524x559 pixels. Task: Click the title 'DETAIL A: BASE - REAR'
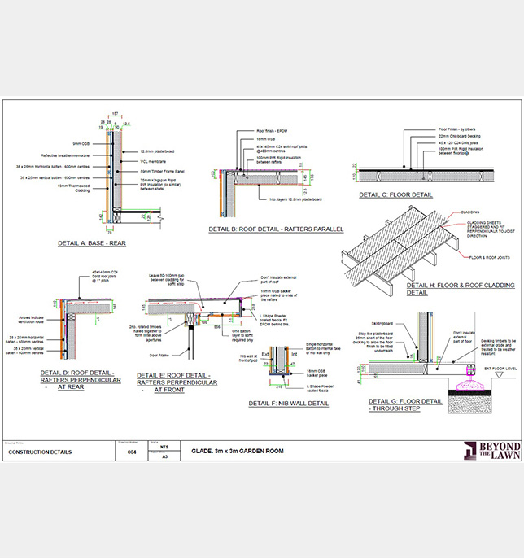coord(97,243)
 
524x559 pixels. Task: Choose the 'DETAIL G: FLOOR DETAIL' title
coord(405,401)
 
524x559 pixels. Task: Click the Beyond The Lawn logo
coord(491,452)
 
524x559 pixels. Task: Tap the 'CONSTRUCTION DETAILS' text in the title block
coord(40,452)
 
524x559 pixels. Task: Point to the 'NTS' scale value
coord(165,448)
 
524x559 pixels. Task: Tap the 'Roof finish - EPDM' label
coord(272,129)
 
